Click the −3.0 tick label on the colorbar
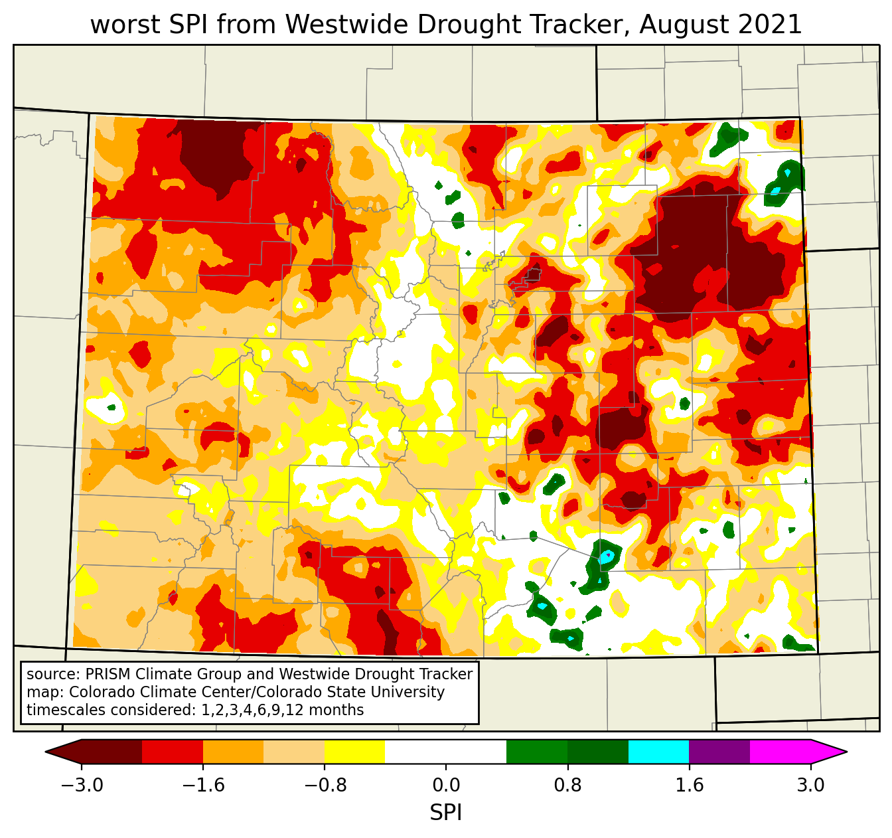tap(82, 786)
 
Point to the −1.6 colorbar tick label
tap(203, 786)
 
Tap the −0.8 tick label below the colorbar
tap(325, 786)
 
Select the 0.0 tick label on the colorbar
tap(446, 786)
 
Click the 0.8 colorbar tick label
tap(567, 786)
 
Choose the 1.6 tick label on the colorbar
tap(689, 786)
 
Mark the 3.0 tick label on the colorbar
tap(810, 786)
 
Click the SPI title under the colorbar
tap(446, 812)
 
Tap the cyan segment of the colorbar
tap(658, 752)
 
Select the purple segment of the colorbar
tap(719, 752)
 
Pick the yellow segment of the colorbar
tap(354, 752)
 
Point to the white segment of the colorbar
tap(445, 752)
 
